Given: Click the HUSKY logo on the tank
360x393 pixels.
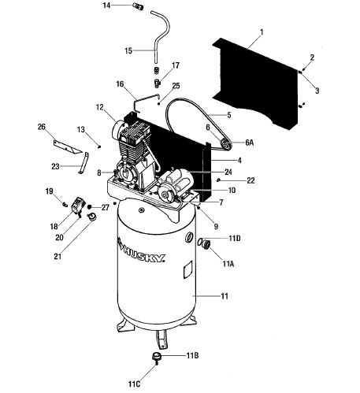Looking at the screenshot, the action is click(x=141, y=251).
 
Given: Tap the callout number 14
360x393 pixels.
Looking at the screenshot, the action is click(x=106, y=6).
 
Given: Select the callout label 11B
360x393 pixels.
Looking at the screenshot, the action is click(x=192, y=356).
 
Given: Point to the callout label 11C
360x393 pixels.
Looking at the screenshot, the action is click(x=134, y=384).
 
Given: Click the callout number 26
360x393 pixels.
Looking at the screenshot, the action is click(x=42, y=127).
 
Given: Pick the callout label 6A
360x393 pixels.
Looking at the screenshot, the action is click(x=250, y=143).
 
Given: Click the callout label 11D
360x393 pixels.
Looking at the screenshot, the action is click(x=235, y=239).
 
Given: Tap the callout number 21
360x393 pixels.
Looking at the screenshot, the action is click(x=58, y=256).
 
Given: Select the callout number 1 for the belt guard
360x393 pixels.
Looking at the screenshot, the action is click(x=262, y=32).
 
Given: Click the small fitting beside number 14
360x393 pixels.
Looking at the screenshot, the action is click(x=138, y=6).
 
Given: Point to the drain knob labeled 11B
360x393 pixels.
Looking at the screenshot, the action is click(x=156, y=357).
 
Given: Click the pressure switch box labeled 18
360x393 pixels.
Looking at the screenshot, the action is click(x=77, y=205).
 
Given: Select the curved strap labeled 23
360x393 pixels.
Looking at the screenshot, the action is click(x=84, y=163).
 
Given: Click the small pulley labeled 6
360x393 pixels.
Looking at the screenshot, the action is click(x=225, y=144).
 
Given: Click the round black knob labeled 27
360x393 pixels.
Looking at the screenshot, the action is click(x=89, y=206).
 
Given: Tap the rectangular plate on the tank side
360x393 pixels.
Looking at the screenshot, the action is click(x=187, y=269).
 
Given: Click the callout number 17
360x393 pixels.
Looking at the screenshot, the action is click(x=176, y=65).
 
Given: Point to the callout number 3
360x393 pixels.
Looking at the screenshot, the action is click(x=317, y=91).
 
